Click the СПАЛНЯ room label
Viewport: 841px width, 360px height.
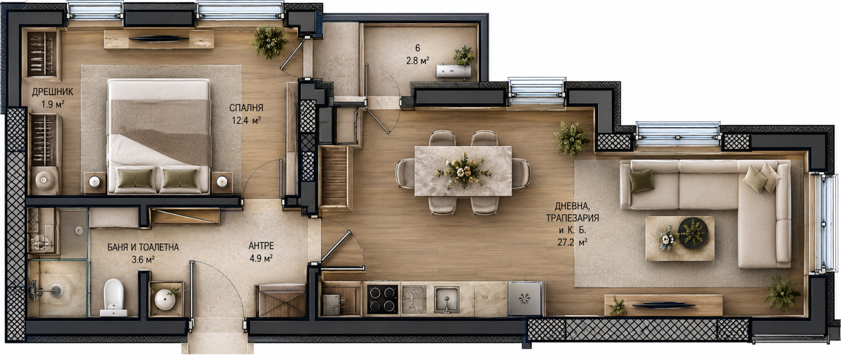(x=246, y=108)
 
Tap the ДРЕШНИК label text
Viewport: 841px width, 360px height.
(x=52, y=92)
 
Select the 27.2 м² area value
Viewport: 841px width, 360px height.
(x=572, y=242)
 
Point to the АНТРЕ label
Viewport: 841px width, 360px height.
(x=261, y=246)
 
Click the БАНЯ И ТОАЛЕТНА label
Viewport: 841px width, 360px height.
(x=143, y=248)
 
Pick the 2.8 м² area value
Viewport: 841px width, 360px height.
(x=417, y=60)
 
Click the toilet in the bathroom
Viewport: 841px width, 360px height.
(x=114, y=297)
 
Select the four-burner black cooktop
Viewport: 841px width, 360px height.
(x=382, y=299)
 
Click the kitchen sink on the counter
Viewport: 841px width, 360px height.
(x=447, y=300)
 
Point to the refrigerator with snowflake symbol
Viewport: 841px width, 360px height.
(x=525, y=299)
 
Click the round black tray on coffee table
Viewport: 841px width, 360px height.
(x=693, y=233)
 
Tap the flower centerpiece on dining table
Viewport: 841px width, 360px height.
(x=464, y=171)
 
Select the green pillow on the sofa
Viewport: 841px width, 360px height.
(x=641, y=181)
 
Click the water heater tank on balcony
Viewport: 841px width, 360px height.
(x=454, y=71)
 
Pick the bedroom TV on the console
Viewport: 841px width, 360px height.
(x=159, y=38)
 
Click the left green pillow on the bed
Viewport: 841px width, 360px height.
(x=135, y=178)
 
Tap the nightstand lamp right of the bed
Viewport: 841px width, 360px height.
(x=222, y=182)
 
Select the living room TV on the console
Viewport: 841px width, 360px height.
(x=664, y=305)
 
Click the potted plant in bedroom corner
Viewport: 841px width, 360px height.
(x=269, y=42)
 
